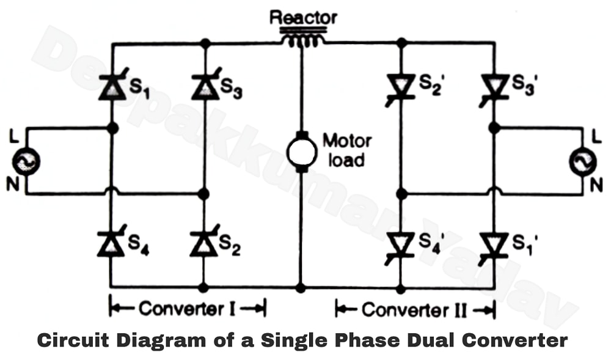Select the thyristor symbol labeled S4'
click(x=401, y=243)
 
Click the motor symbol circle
click(x=300, y=152)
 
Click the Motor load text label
click(x=347, y=150)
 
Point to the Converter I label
click(x=187, y=309)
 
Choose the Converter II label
click(x=415, y=310)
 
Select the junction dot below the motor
click(x=300, y=286)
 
